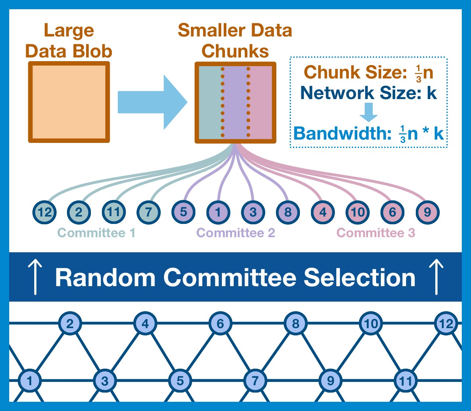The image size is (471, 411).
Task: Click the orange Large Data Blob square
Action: click(69, 102)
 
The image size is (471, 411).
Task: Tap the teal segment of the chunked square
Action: click(210, 102)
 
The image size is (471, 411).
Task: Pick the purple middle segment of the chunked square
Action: click(235, 102)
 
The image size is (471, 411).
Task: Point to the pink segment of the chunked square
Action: click(261, 102)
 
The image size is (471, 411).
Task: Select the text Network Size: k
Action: click(368, 93)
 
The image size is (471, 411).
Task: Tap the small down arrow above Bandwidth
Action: click(368, 112)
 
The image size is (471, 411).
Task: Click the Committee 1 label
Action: click(96, 233)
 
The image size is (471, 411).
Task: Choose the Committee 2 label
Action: click(236, 233)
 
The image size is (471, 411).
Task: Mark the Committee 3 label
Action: click(376, 233)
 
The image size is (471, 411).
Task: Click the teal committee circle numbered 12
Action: click(44, 212)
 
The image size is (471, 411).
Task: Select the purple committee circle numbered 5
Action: click(183, 212)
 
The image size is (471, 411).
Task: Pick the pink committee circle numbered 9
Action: click(427, 212)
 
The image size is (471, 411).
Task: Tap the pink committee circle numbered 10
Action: click(358, 212)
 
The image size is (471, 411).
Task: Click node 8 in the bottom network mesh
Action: click(295, 324)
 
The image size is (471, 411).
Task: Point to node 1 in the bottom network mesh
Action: click(30, 381)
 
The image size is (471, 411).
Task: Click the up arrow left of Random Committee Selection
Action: click(35, 277)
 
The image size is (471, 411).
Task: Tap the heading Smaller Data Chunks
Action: click(235, 41)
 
